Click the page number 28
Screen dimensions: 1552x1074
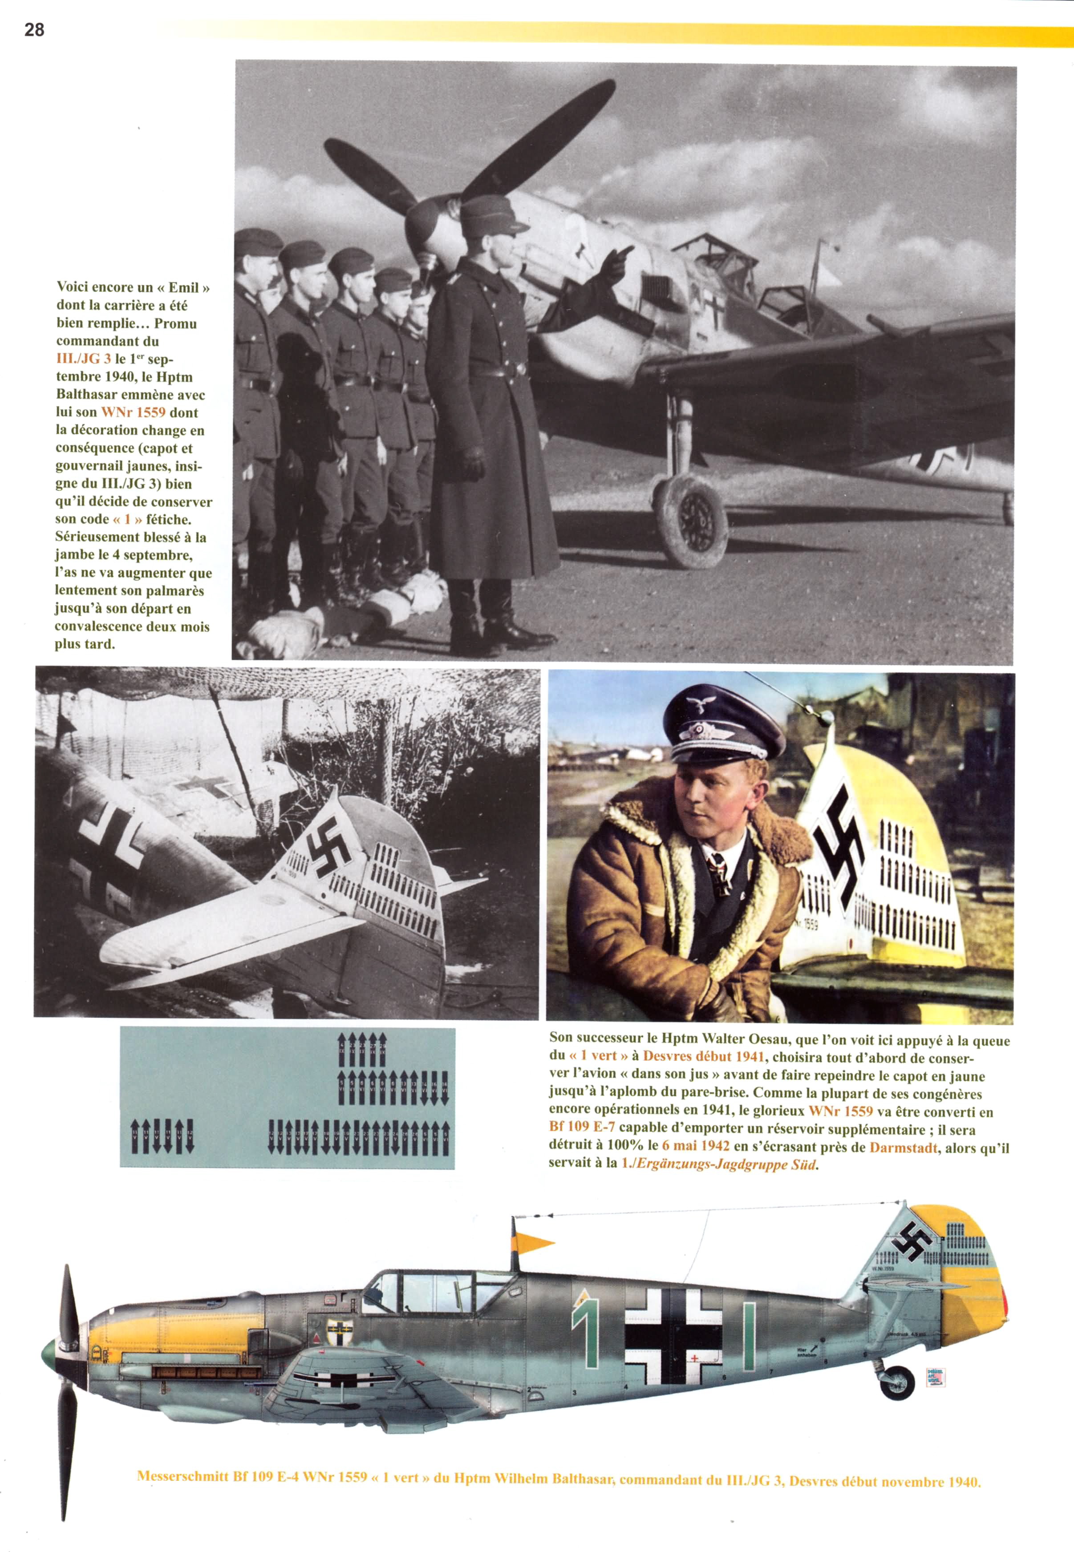click(34, 30)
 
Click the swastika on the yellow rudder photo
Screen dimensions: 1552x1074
click(839, 840)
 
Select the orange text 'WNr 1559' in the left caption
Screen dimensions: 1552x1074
click(133, 412)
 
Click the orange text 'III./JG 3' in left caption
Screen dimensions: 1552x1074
click(83, 359)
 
